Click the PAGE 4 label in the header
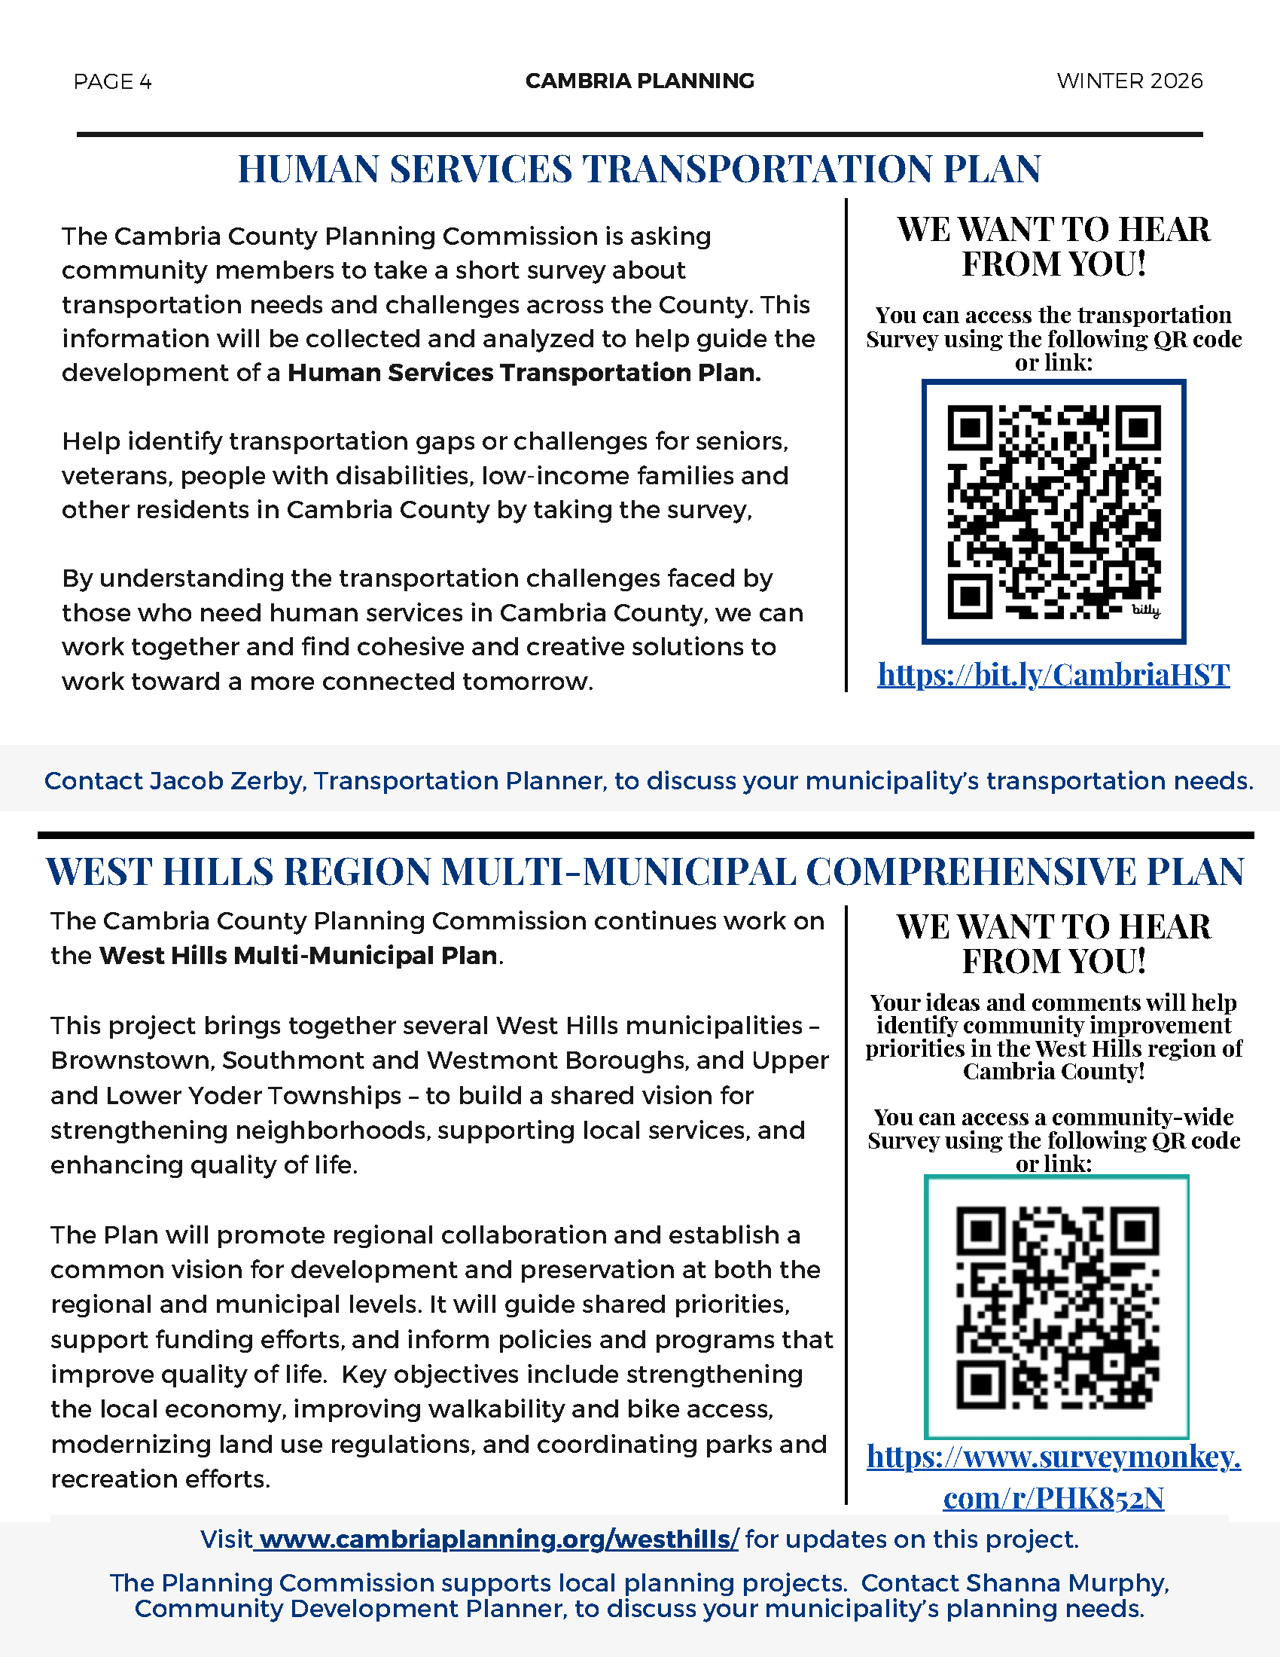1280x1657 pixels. (112, 81)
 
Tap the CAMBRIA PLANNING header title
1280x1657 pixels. (639, 81)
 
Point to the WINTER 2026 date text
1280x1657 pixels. (1129, 81)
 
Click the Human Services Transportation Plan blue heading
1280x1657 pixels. (639, 169)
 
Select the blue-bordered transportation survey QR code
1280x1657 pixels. (1053, 511)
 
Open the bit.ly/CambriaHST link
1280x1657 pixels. (1053, 675)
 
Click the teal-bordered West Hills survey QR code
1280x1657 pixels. (1056, 1307)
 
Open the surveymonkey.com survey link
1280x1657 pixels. (1053, 1477)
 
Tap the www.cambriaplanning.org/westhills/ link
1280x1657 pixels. (497, 1540)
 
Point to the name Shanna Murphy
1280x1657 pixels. (1067, 1583)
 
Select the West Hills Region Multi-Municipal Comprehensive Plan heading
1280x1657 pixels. (645, 871)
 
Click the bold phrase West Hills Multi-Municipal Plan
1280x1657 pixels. (298, 955)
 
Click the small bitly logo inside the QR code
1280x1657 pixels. (1146, 611)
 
